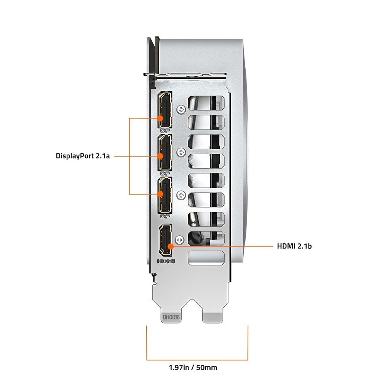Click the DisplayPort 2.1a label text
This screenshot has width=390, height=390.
[x=83, y=156]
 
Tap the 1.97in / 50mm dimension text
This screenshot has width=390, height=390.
[x=193, y=368]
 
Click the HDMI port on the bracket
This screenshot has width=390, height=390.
[x=165, y=240]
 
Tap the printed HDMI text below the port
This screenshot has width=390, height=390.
[x=166, y=261]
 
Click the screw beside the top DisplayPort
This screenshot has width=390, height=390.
[x=181, y=109]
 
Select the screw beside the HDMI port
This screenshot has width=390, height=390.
[x=179, y=240]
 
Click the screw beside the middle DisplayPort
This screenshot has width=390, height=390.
[x=181, y=152]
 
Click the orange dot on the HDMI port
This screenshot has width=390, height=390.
[x=171, y=246]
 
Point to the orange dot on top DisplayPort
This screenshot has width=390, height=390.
[x=160, y=118]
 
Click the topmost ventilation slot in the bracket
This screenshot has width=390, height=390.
[x=206, y=103]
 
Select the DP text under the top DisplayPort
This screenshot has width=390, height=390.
[x=165, y=130]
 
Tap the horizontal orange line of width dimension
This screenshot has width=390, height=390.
[x=197, y=360]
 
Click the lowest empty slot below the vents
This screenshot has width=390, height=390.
[x=206, y=258]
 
